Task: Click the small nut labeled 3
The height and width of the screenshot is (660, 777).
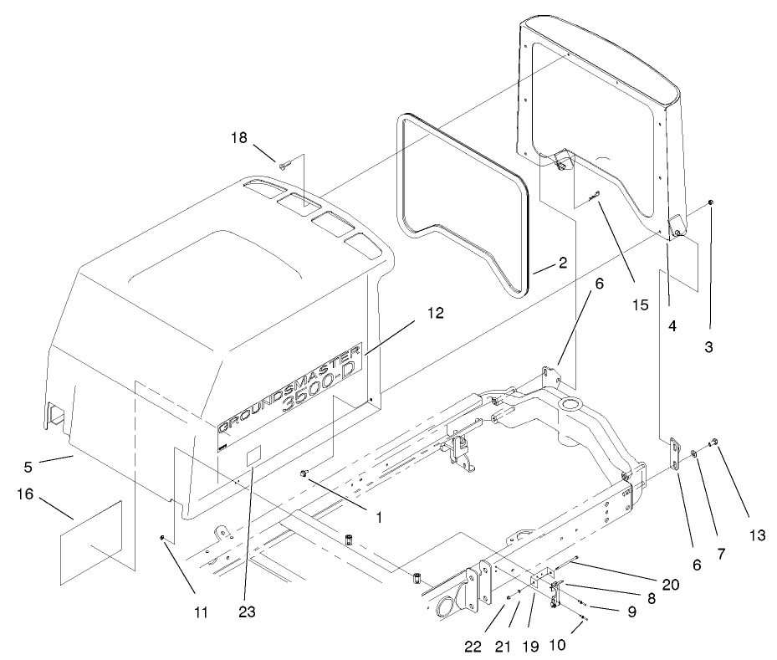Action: point(709,203)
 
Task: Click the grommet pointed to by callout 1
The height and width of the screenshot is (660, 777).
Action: point(305,475)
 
